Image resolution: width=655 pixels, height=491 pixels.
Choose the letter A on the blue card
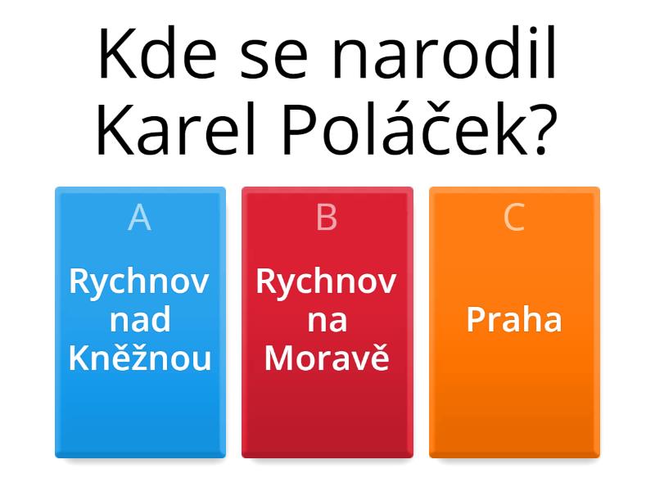pos(140,218)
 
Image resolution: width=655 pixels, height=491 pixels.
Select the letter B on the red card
pos(327,218)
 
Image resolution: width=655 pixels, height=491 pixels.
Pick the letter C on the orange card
pos(514,218)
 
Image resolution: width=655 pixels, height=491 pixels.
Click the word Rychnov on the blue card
pos(140,282)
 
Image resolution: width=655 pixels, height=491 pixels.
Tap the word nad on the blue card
pos(140,320)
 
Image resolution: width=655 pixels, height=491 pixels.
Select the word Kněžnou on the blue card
pos(140,358)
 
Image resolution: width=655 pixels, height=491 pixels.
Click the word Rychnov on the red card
pos(327,282)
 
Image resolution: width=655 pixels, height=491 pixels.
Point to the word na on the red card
pos(327,320)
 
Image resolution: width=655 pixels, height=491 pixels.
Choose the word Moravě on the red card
pos(327,358)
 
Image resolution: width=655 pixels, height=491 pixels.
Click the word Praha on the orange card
pos(514,319)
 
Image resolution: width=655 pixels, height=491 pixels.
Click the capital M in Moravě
pos(279,358)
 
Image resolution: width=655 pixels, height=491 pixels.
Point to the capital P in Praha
pos(475,319)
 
